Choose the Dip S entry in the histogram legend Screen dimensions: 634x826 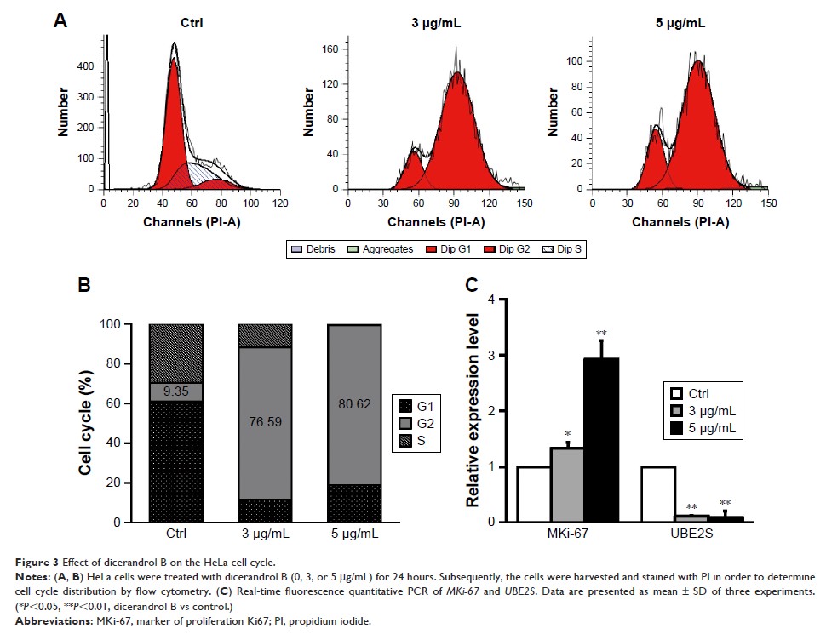[569, 249]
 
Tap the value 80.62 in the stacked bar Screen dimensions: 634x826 [352, 418]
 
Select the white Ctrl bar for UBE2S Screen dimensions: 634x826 [658, 494]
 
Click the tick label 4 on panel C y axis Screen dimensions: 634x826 [490, 300]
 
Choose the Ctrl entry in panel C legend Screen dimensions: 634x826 [697, 394]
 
